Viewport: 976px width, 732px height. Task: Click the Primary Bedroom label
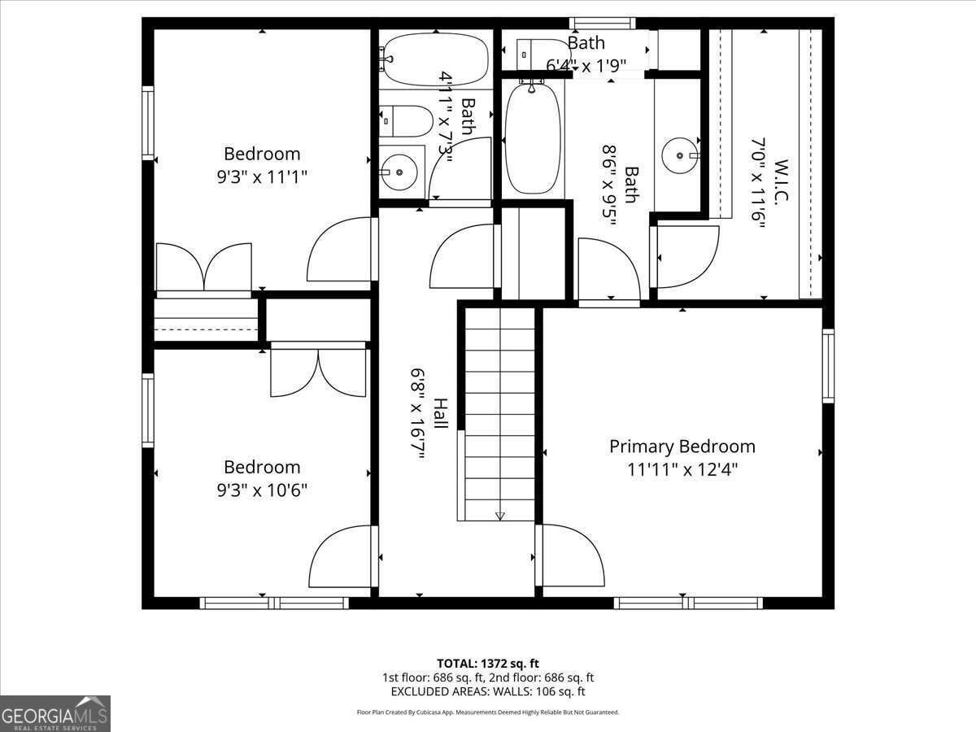click(682, 447)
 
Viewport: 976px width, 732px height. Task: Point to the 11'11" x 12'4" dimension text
click(682, 469)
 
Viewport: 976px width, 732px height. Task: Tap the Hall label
click(440, 413)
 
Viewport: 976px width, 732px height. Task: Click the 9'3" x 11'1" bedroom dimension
click(262, 176)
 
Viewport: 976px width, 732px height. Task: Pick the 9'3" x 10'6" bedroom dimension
click(262, 490)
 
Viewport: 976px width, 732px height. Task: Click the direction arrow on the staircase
click(499, 515)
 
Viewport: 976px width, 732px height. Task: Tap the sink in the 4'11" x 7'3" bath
click(399, 172)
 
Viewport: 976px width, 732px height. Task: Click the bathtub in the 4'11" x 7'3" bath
click(435, 59)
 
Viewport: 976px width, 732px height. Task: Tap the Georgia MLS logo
click(55, 713)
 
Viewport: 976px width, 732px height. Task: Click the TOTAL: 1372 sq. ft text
click(488, 663)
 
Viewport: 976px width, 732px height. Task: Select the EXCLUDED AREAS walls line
click(488, 691)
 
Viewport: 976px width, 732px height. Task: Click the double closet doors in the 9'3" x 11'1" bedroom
click(203, 267)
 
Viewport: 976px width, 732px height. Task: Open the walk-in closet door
click(685, 257)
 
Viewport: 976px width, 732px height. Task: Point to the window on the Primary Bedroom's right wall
click(828, 366)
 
